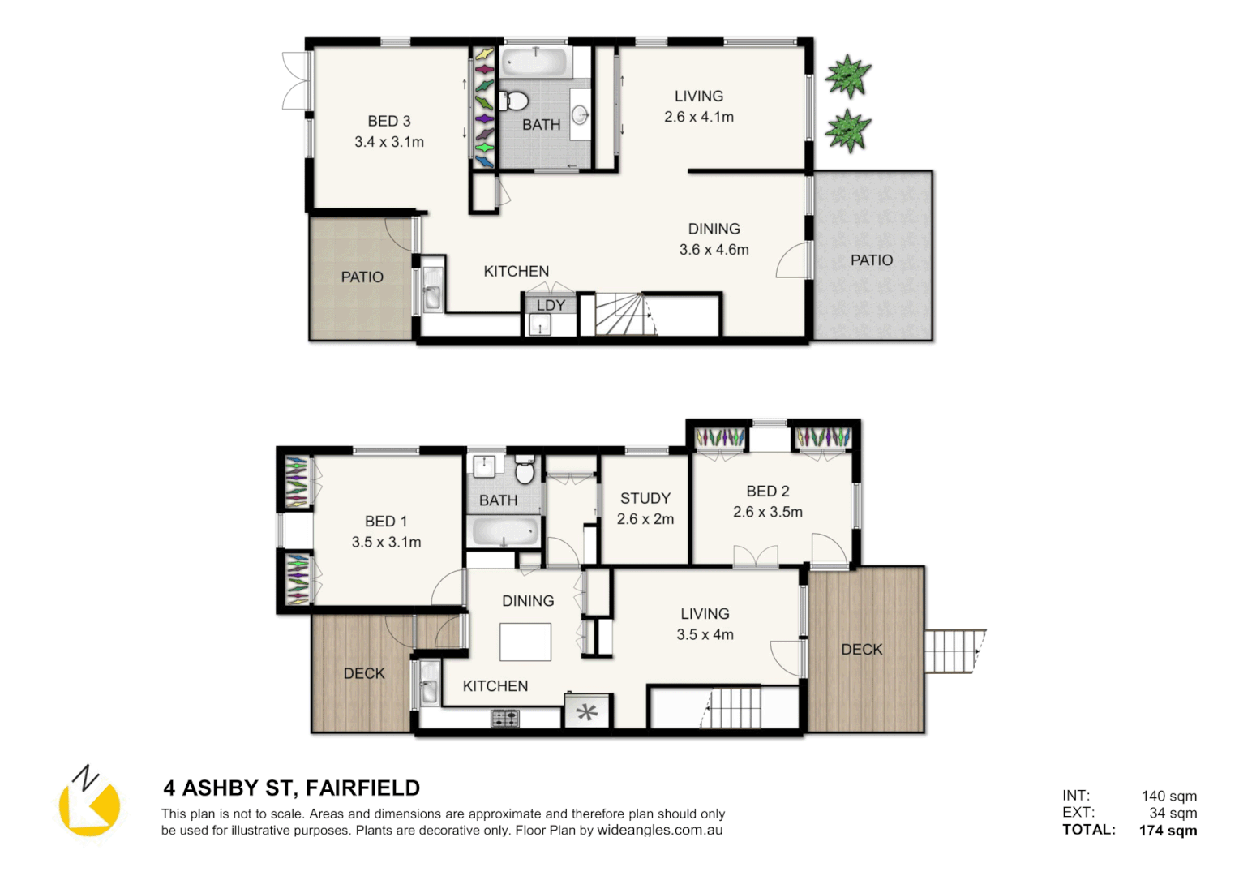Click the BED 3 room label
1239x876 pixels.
tap(388, 121)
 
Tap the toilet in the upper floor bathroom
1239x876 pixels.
tap(514, 101)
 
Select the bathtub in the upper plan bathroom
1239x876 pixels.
tap(535, 63)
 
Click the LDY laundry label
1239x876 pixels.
tap(550, 305)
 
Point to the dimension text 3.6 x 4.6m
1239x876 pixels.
tap(714, 250)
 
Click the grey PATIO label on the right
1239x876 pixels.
tap(871, 260)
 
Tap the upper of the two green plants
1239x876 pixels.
tap(847, 76)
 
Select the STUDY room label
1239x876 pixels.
tap(645, 498)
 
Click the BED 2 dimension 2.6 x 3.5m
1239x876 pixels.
tap(767, 512)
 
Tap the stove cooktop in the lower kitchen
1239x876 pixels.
tap(504, 718)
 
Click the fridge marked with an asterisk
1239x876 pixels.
tap(587, 712)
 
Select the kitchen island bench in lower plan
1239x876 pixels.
tap(525, 642)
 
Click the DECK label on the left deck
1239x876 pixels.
tap(364, 673)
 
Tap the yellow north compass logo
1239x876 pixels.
tap(89, 803)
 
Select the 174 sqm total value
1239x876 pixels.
tap(1167, 830)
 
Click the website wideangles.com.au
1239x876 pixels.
tap(659, 830)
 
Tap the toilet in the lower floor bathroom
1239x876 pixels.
tap(525, 470)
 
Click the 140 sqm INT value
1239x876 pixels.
tap(1168, 796)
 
